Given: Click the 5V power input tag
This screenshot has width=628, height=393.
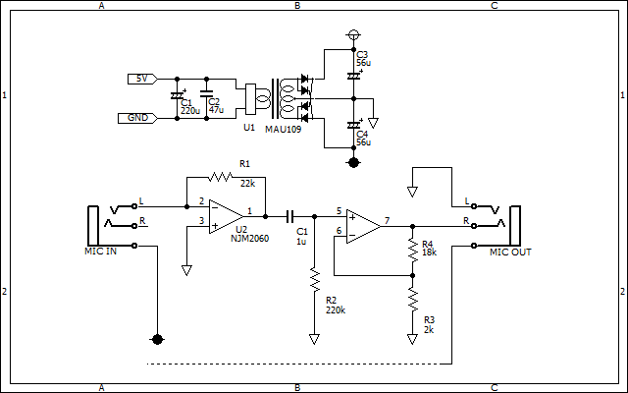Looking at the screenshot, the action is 142,79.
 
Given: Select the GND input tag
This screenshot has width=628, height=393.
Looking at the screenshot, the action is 137,118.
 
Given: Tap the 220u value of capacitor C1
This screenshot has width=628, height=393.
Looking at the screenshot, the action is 190,111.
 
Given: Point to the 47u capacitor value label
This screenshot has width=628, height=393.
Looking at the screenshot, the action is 216,110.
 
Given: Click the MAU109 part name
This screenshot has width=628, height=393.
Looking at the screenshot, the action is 284,130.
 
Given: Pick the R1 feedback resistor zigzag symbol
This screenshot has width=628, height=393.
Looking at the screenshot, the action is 220,177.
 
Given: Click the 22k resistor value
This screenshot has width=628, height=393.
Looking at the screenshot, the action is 247,184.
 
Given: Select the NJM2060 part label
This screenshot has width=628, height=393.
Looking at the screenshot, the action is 249,239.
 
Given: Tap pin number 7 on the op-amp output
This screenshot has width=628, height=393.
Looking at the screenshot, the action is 387,220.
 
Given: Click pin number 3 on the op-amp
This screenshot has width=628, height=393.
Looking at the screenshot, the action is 201,220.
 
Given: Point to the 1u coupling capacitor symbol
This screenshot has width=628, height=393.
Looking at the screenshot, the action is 290,216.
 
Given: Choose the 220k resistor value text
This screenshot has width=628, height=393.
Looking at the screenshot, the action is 336,310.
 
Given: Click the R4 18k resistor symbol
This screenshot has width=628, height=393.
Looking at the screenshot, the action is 412,249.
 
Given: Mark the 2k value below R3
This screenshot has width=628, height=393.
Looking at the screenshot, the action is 429,330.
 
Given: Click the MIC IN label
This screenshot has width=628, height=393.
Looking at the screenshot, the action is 100,252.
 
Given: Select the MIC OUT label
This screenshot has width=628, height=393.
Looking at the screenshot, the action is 510,253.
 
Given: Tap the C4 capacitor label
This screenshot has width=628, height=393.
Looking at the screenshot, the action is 362,134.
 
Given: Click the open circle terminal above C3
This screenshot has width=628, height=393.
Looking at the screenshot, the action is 353,35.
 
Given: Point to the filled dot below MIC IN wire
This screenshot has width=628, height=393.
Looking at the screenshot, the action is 157,340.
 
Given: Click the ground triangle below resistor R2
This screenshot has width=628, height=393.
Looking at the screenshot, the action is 314,340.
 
